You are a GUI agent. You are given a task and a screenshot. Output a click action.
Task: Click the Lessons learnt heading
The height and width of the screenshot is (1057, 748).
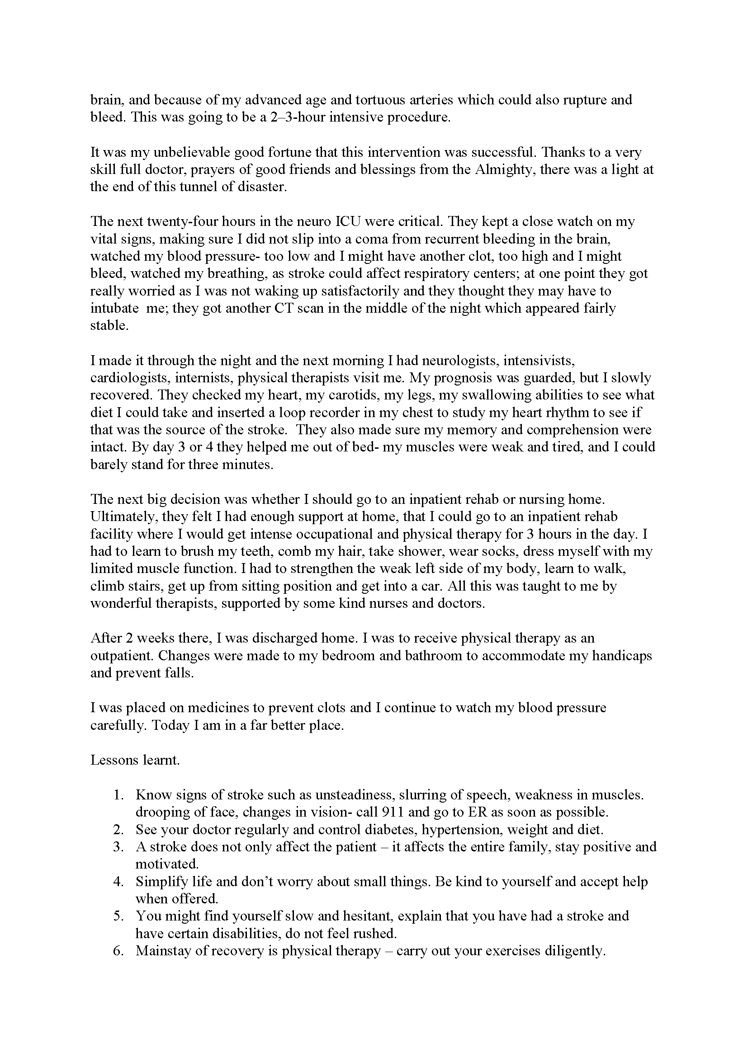135,760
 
